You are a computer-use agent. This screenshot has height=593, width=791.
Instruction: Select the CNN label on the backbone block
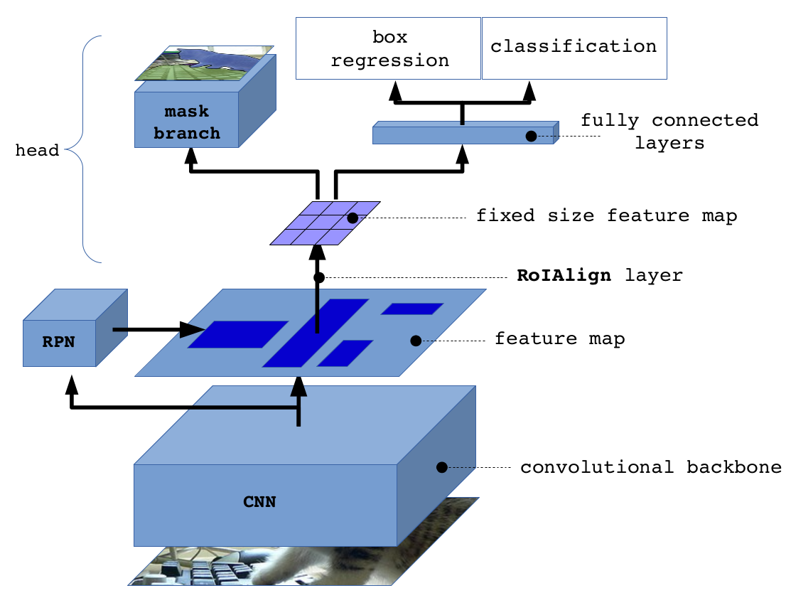coord(259,503)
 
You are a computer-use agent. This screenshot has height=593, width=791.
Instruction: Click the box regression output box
coord(389,48)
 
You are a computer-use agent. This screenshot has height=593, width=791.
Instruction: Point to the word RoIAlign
coord(564,276)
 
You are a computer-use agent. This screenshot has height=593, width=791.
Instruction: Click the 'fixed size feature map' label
coord(606,216)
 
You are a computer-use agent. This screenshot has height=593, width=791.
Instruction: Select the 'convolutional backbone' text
coord(650,468)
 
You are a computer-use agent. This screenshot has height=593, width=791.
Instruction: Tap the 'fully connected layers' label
coord(669,132)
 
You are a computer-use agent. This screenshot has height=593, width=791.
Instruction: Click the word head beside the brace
coord(37,151)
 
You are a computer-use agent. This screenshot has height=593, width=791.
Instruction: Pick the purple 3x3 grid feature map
coord(325,223)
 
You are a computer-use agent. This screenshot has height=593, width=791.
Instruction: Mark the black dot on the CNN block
coord(441,467)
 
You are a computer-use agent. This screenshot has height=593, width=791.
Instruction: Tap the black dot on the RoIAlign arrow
coord(319,277)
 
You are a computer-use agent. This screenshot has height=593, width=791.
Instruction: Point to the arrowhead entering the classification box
coord(529,90)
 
